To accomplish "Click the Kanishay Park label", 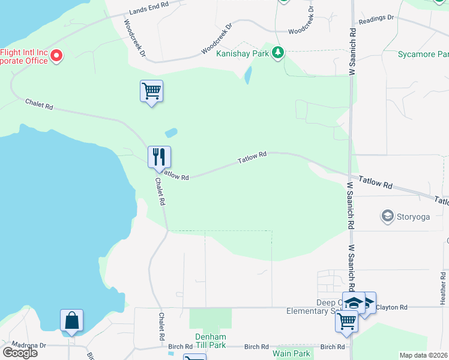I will click(243, 53).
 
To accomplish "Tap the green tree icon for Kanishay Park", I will click(277, 53).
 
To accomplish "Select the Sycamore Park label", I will click(423, 55).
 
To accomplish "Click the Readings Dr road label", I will click(376, 19).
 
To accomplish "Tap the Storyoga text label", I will click(414, 217).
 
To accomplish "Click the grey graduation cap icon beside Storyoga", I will click(388, 216).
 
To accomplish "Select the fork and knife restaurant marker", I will click(159, 157).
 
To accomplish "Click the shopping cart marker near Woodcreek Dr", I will click(151, 91).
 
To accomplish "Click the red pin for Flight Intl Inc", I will click(57, 56).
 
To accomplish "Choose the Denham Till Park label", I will click(210, 341).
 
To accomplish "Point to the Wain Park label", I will click(291, 353).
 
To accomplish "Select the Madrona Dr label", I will click(30, 346).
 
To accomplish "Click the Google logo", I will click(20, 353).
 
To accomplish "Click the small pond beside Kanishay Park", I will click(248, 74).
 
